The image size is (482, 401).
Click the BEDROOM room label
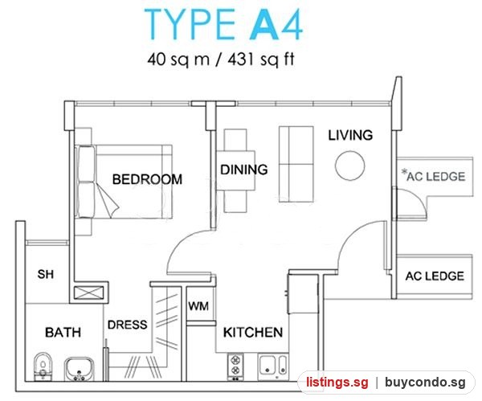147,179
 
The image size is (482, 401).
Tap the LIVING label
350,135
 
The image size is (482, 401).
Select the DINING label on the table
244,170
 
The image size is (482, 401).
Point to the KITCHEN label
253,333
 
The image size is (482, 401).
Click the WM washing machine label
198,306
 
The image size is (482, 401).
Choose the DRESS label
128,325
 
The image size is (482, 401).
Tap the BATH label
63,333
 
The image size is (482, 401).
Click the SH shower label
46,274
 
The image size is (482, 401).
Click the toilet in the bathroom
43,366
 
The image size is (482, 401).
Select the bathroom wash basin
79,368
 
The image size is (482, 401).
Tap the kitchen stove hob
235,366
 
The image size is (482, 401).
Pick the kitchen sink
273,366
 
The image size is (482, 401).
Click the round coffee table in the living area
350,165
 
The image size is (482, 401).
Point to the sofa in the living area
296,164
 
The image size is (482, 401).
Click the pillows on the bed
86,182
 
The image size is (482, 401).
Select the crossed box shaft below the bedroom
89,293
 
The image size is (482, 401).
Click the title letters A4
276,25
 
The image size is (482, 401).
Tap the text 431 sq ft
261,59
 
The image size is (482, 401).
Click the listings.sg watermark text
337,383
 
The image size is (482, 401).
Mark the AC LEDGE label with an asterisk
434,176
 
